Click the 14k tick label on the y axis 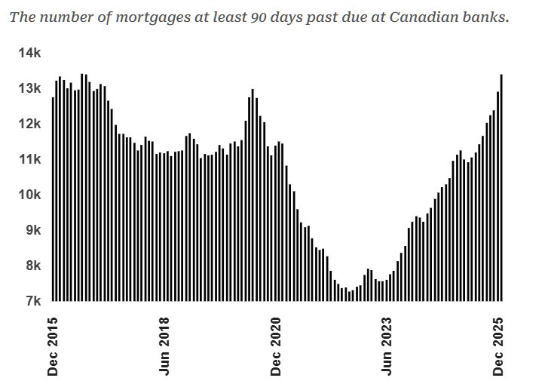point(29,53)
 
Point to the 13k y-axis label point(29,88)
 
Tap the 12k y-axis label point(29,124)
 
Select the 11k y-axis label point(29,159)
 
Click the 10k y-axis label point(29,195)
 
